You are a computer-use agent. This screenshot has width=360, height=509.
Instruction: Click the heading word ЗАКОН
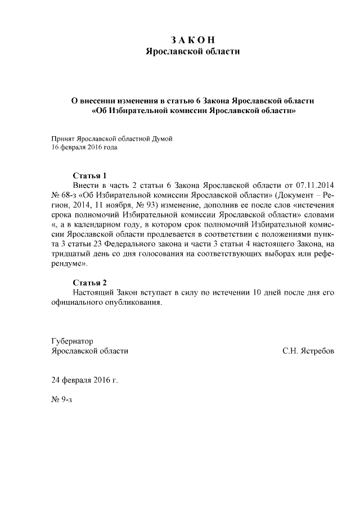click(x=192, y=40)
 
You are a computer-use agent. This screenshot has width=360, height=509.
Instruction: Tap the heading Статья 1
click(x=89, y=175)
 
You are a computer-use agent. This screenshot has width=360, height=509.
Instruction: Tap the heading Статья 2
click(x=89, y=282)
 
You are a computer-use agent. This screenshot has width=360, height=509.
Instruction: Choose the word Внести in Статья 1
click(x=86, y=185)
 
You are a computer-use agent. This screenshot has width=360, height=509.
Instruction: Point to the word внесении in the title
click(x=111, y=100)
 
